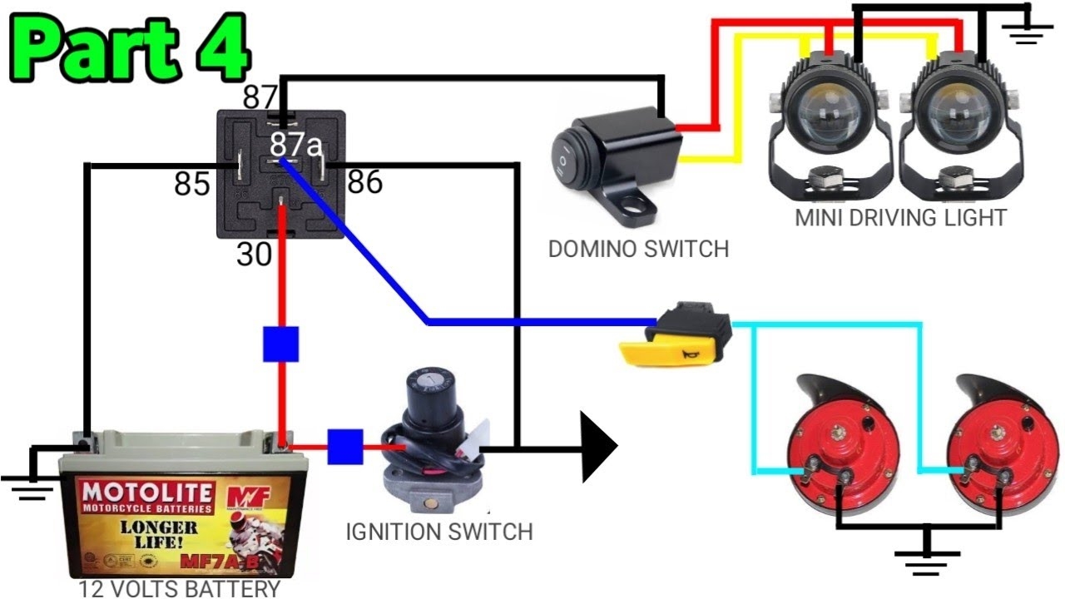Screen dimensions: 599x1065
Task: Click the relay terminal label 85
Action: pyautogui.click(x=191, y=185)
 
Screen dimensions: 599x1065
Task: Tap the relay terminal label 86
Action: pyautogui.click(x=364, y=181)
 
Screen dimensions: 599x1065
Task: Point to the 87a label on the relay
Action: pyautogui.click(x=295, y=146)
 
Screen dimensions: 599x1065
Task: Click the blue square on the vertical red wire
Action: pyautogui.click(x=280, y=344)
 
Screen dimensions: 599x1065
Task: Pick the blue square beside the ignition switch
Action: pyautogui.click(x=344, y=447)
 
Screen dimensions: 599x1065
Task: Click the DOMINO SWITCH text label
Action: pyautogui.click(x=638, y=248)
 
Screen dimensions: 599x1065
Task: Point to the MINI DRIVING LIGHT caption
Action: pyautogui.click(x=900, y=218)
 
